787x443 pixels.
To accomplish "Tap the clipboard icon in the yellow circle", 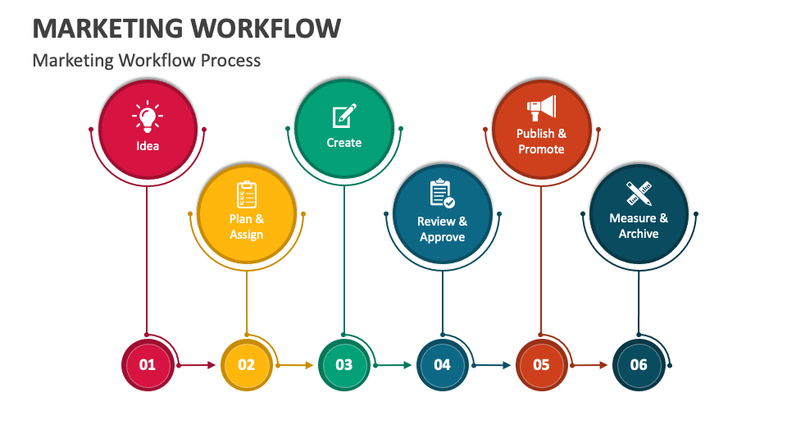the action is coord(247,194).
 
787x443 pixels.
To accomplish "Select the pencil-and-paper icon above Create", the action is coord(344,116).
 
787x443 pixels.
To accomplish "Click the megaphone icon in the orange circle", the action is coord(542,108).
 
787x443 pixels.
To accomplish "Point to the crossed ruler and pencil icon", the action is coord(639,194).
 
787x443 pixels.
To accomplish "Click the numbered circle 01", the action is coord(148,364).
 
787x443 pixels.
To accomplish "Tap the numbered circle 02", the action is coord(247,364).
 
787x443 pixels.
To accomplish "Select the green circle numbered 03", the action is coord(344,364).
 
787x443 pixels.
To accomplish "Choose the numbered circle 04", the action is coord(442,364).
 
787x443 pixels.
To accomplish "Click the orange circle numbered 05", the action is coord(541,364).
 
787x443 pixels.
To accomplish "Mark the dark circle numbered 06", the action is coord(639,364).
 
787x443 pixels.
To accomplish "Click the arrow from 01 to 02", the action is coord(197,365).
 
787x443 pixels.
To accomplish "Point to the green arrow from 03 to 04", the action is coord(393,365).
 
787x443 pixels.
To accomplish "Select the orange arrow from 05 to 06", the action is coord(589,365).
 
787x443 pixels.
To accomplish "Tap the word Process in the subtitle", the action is coord(230,60).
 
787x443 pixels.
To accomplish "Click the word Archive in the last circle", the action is coord(639,234).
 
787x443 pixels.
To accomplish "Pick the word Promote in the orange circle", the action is coord(541,149).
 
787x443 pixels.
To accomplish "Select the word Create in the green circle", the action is coord(344,143).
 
